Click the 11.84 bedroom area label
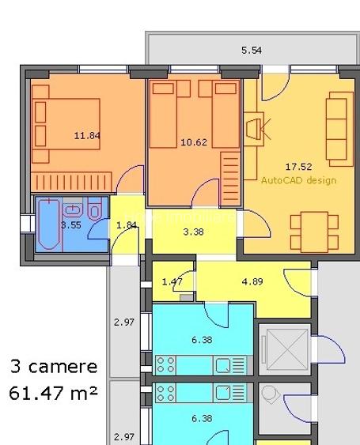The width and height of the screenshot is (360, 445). pos(87,135)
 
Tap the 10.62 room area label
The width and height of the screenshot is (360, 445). pos(194,142)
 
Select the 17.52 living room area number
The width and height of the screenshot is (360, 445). pos(298,166)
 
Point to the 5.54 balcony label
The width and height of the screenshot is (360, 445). pos(252,51)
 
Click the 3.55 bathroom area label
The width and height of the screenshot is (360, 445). pos(70,224)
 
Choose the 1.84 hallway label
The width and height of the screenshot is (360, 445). pos(127,225)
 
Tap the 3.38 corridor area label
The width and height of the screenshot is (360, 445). pos(194,232)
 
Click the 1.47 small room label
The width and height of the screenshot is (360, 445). pos(172,281)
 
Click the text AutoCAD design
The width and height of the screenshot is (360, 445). pos(298,180)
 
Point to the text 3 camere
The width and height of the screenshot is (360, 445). pos(54,367)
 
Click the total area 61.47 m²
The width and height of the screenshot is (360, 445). pos(54,392)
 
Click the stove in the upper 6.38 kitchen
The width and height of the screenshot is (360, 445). pos(165,364)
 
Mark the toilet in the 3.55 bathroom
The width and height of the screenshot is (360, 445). pos(94,210)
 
